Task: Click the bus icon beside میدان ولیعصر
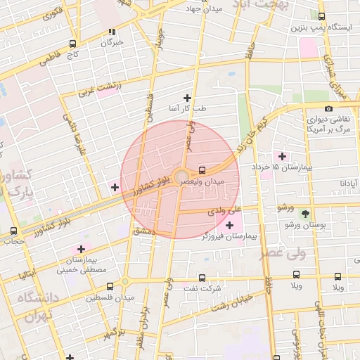coord(202,169)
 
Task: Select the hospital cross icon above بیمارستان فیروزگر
coord(229,225)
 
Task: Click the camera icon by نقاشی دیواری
coord(329,109)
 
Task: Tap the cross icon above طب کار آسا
coord(187,98)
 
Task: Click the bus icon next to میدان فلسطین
coord(110,286)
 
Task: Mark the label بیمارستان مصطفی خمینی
coord(81,264)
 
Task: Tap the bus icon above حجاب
coord(15,231)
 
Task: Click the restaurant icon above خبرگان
coord(112,32)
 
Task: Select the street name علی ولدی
coord(225,210)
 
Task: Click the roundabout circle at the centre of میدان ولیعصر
coord(181,176)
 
